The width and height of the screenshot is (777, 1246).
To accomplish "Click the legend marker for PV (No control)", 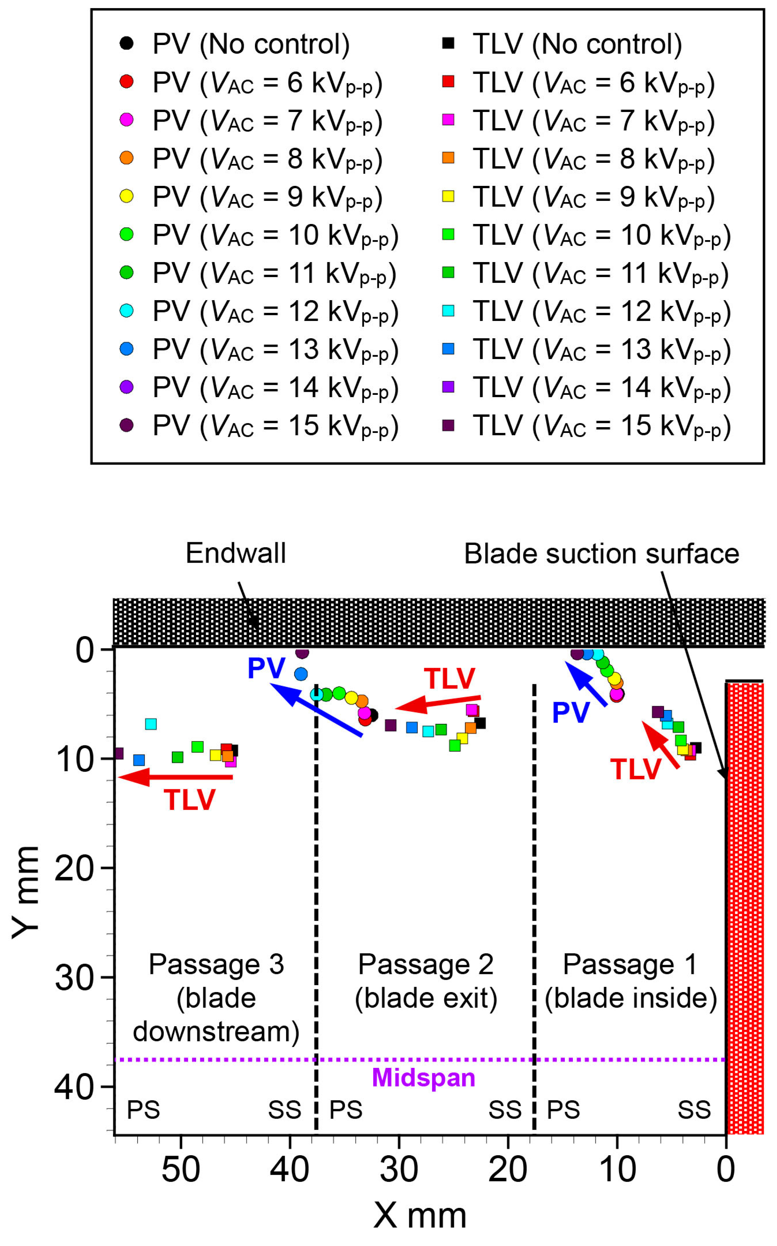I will tap(126, 43).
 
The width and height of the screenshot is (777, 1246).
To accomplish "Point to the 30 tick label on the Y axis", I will tap(75, 977).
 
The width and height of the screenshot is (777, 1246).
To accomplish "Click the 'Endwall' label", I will tap(235, 553).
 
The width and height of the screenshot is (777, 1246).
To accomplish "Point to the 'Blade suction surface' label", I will tap(601, 554).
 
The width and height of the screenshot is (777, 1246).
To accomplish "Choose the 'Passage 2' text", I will tap(426, 964).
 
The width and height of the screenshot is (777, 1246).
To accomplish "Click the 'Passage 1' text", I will tap(630, 964).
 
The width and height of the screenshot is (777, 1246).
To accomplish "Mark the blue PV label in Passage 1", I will tap(571, 713).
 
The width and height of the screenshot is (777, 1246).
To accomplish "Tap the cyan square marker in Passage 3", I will tap(151, 724).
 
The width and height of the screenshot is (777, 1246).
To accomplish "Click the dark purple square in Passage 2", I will tap(391, 726).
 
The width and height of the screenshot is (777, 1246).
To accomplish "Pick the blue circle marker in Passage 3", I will tap(301, 674).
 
